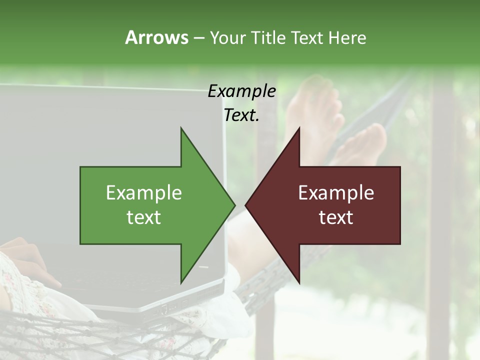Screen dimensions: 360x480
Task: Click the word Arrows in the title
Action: (x=156, y=37)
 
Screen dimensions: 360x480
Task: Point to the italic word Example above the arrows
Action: (x=241, y=91)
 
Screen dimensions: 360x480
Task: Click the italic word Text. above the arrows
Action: (x=241, y=115)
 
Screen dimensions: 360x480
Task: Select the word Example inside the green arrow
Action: (x=144, y=192)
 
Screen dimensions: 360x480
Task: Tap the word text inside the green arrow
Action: (x=144, y=217)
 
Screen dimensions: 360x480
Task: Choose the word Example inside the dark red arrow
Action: (x=336, y=192)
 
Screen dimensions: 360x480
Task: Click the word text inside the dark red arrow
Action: (x=336, y=217)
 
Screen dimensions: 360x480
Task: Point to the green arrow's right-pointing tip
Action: (x=233, y=205)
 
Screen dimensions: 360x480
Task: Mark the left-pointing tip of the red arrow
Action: (x=246, y=205)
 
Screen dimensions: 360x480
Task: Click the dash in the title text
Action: (x=198, y=38)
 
